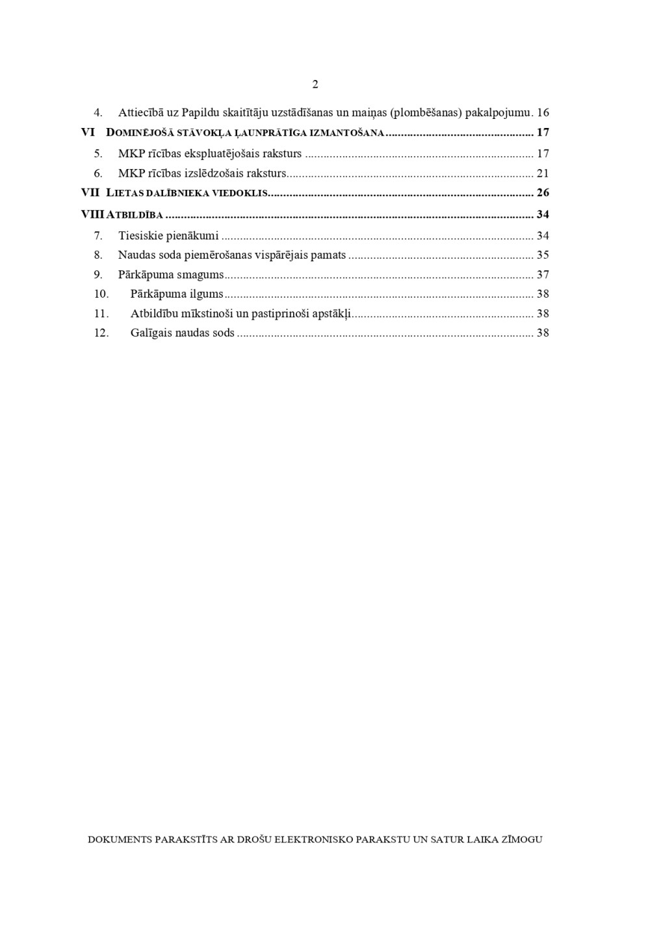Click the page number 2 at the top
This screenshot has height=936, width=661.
pos(315,84)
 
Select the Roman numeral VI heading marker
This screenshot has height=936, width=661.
pos(88,133)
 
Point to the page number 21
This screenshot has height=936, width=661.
pos(543,174)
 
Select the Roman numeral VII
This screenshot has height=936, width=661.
pos(90,193)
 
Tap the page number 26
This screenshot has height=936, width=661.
pos(543,193)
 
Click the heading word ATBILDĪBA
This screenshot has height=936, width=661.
pos(135,215)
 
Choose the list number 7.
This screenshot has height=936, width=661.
pos(98,236)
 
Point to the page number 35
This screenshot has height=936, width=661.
pos(543,255)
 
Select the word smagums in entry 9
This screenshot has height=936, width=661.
pos(200,275)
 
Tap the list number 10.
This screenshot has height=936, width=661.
pos(101,294)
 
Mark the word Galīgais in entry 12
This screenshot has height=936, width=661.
pos(151,333)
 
